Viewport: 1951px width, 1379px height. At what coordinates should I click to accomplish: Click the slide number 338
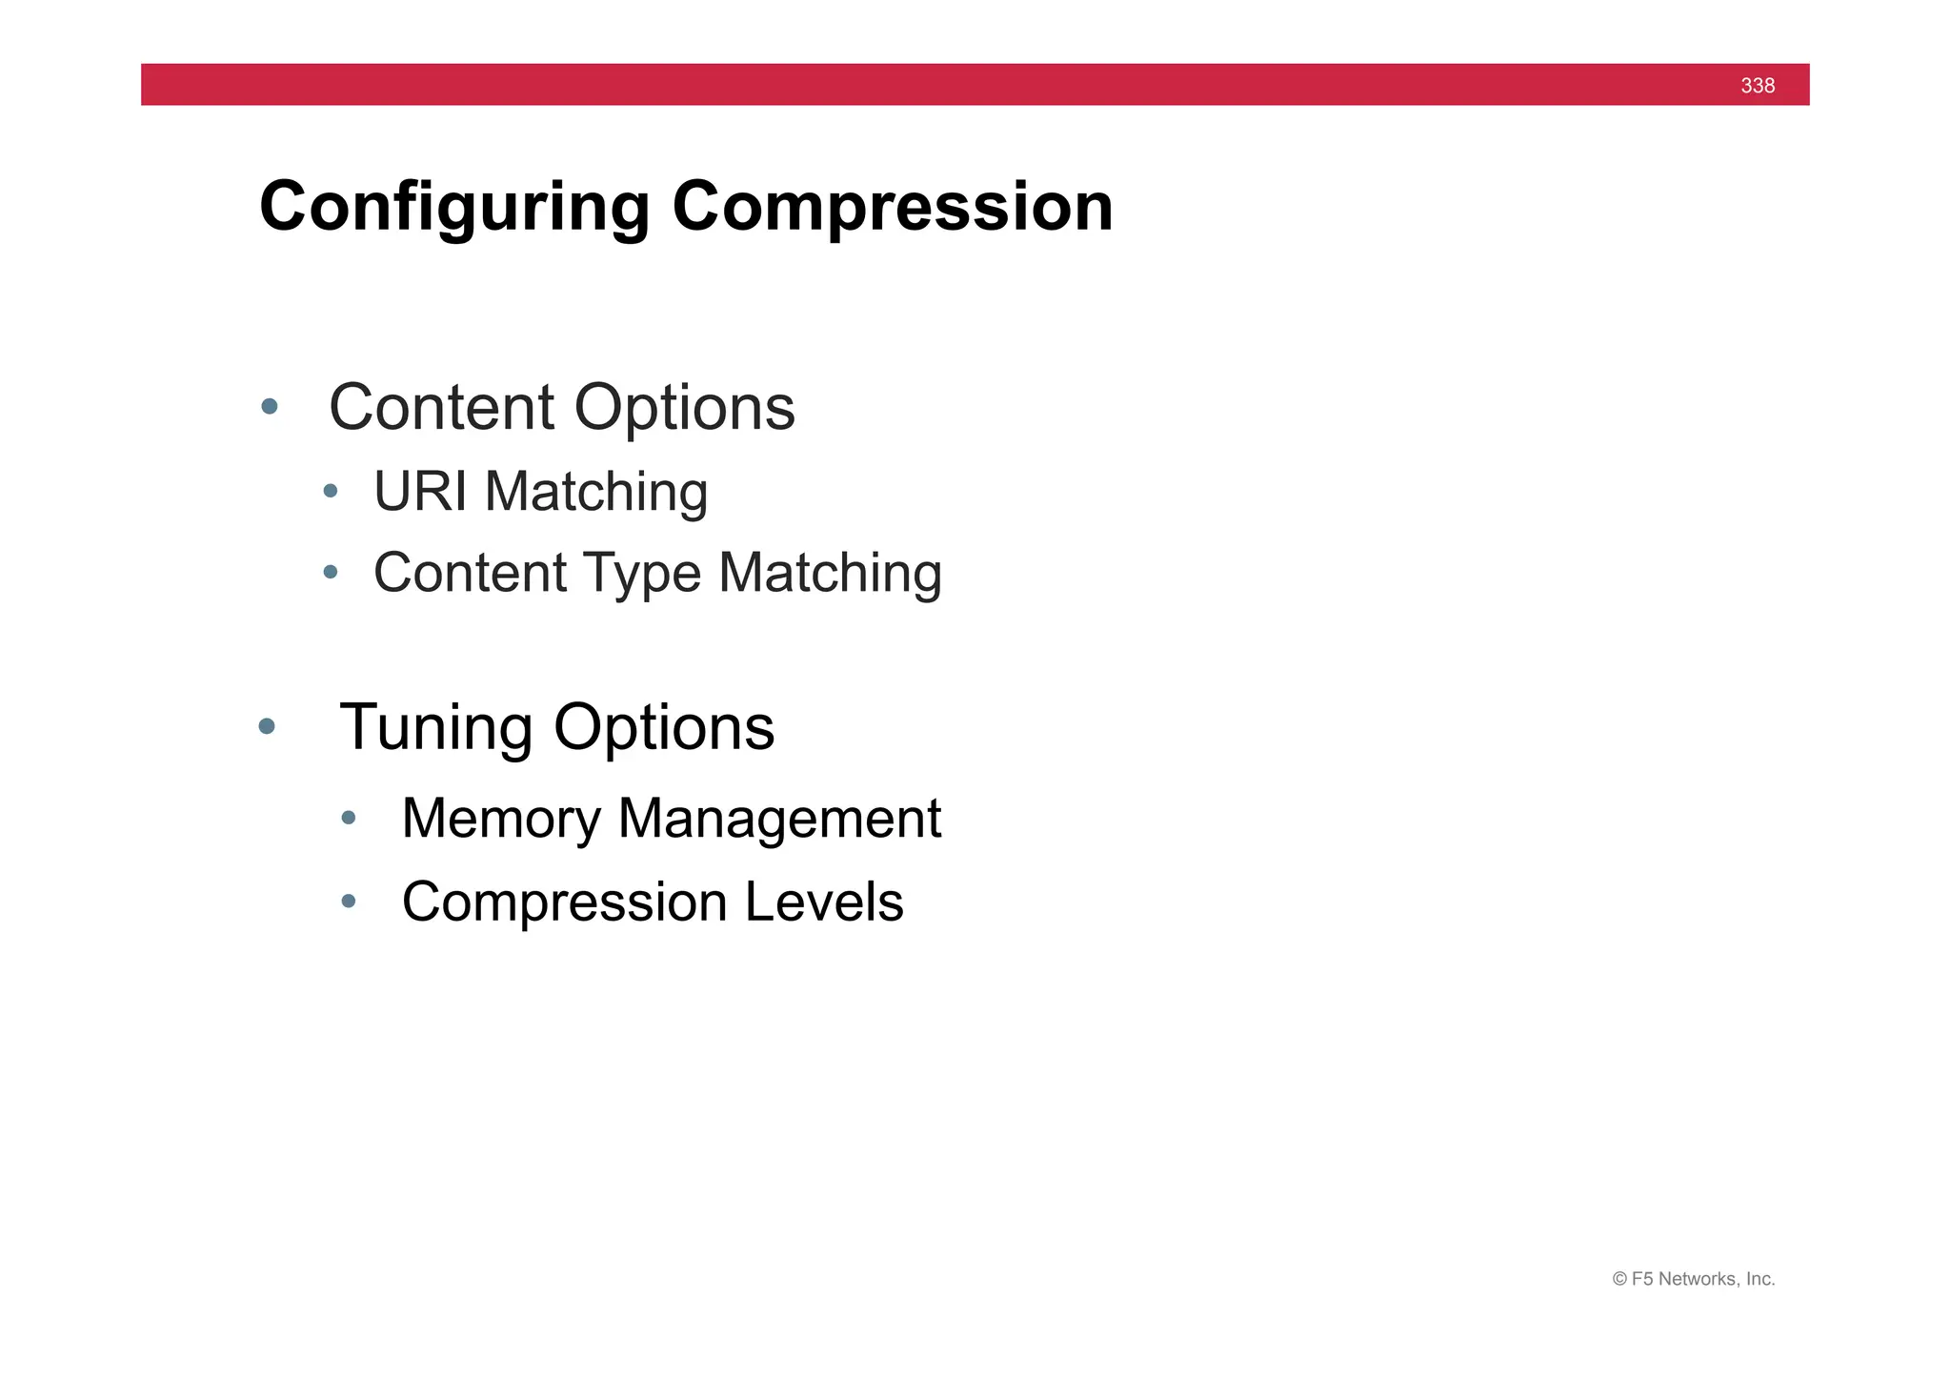pos(1757,86)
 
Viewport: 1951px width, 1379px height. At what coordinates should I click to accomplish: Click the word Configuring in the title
pos(454,207)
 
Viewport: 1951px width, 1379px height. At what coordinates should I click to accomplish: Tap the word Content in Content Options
pos(441,408)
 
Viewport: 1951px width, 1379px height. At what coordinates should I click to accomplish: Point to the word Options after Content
pos(684,408)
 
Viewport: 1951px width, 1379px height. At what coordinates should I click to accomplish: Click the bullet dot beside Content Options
pos(270,407)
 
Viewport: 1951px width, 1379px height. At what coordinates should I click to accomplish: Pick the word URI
pos(419,492)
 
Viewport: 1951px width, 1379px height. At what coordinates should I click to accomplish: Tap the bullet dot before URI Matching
pos(331,491)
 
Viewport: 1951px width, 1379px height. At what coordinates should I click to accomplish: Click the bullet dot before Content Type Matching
pos(331,572)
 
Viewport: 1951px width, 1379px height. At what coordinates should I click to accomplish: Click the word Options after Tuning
pos(664,728)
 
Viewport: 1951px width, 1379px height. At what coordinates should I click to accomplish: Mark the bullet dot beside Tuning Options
pos(267,726)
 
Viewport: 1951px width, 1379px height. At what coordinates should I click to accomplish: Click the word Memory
pos(501,819)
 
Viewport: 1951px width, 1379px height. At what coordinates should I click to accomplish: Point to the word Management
pos(778,819)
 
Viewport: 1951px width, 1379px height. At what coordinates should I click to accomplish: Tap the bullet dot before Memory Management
pos(349,817)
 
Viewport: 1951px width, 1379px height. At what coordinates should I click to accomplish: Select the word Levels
pos(823,902)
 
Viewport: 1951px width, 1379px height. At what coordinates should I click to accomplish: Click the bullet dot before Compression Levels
pos(349,901)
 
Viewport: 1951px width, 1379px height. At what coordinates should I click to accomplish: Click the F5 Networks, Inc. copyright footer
pos(1693,1279)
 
